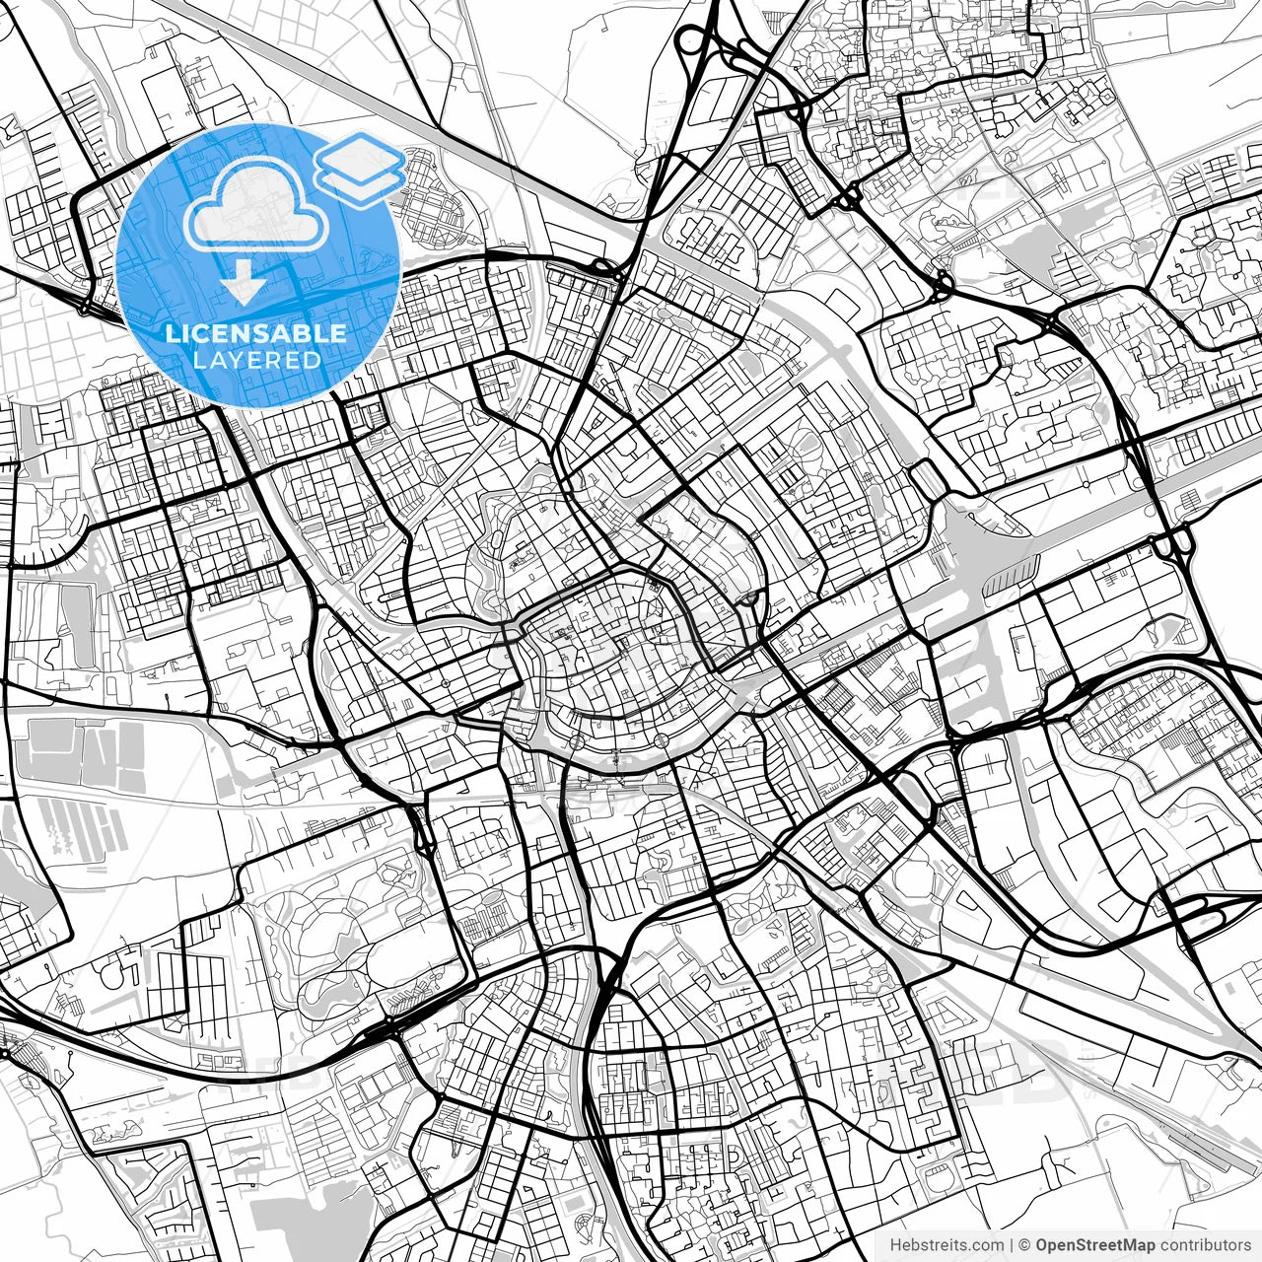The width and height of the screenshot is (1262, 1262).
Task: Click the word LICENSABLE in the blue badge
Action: tap(256, 333)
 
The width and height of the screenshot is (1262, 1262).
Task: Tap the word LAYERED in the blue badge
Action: tap(256, 361)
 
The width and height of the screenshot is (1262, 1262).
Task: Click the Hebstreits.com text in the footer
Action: tap(946, 1245)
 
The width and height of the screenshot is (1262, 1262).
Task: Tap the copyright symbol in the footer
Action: tap(1025, 1245)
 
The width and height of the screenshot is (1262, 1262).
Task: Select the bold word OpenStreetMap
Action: tap(1093, 1245)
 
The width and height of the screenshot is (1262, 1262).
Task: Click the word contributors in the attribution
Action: tap(1204, 1245)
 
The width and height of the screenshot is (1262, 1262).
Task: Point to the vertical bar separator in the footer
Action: tap(1013, 1245)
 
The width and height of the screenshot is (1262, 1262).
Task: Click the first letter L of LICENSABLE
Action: tap(171, 333)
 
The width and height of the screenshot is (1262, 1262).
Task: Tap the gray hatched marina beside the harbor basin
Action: tap(1011, 576)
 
